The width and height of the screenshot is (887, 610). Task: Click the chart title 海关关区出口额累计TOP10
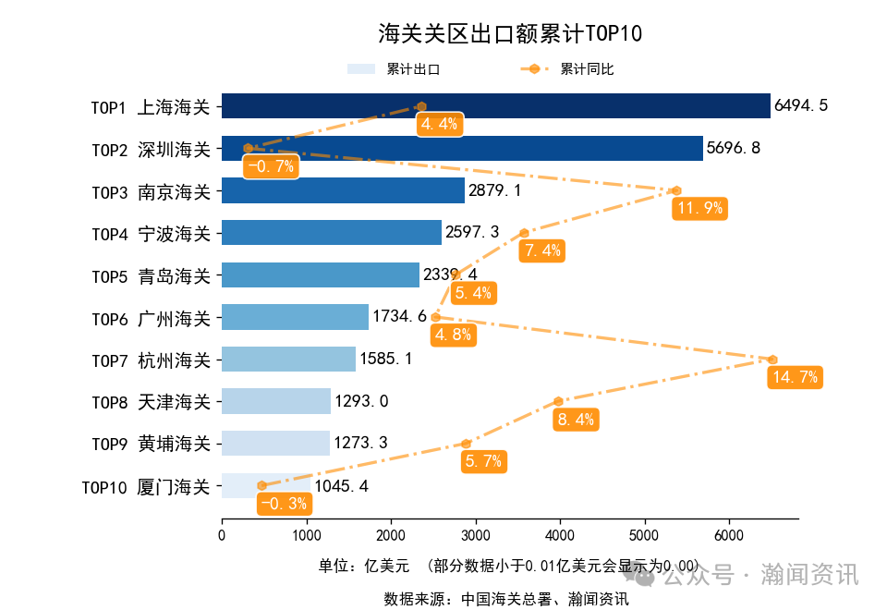pyautogui.click(x=510, y=34)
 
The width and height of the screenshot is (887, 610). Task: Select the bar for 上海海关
pyautogui.click(x=495, y=106)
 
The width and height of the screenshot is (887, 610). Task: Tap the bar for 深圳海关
pyautogui.click(x=462, y=149)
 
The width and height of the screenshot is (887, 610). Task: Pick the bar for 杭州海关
pyautogui.click(x=288, y=360)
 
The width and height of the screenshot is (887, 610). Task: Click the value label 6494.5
pyautogui.click(x=801, y=106)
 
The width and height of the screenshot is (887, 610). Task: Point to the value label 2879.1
pyautogui.click(x=495, y=191)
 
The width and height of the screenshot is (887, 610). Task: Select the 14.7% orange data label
pyautogui.click(x=795, y=377)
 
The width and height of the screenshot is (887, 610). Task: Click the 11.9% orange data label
pyautogui.click(x=699, y=208)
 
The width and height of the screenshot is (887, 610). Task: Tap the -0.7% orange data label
pyautogui.click(x=272, y=166)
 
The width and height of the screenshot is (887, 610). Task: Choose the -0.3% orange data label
pyautogui.click(x=285, y=504)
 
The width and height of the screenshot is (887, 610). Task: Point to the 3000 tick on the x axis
pyautogui.click(x=475, y=536)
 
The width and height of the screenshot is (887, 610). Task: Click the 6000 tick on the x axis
pyautogui.click(x=729, y=536)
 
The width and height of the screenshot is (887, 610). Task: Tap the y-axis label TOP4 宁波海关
pyautogui.click(x=151, y=234)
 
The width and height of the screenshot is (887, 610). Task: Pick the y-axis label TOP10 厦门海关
pyautogui.click(x=146, y=486)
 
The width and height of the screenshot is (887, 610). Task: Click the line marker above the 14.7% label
pyautogui.click(x=772, y=360)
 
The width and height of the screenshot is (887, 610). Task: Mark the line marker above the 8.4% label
pyautogui.click(x=559, y=401)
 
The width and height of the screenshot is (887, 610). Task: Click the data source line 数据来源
pyautogui.click(x=506, y=599)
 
